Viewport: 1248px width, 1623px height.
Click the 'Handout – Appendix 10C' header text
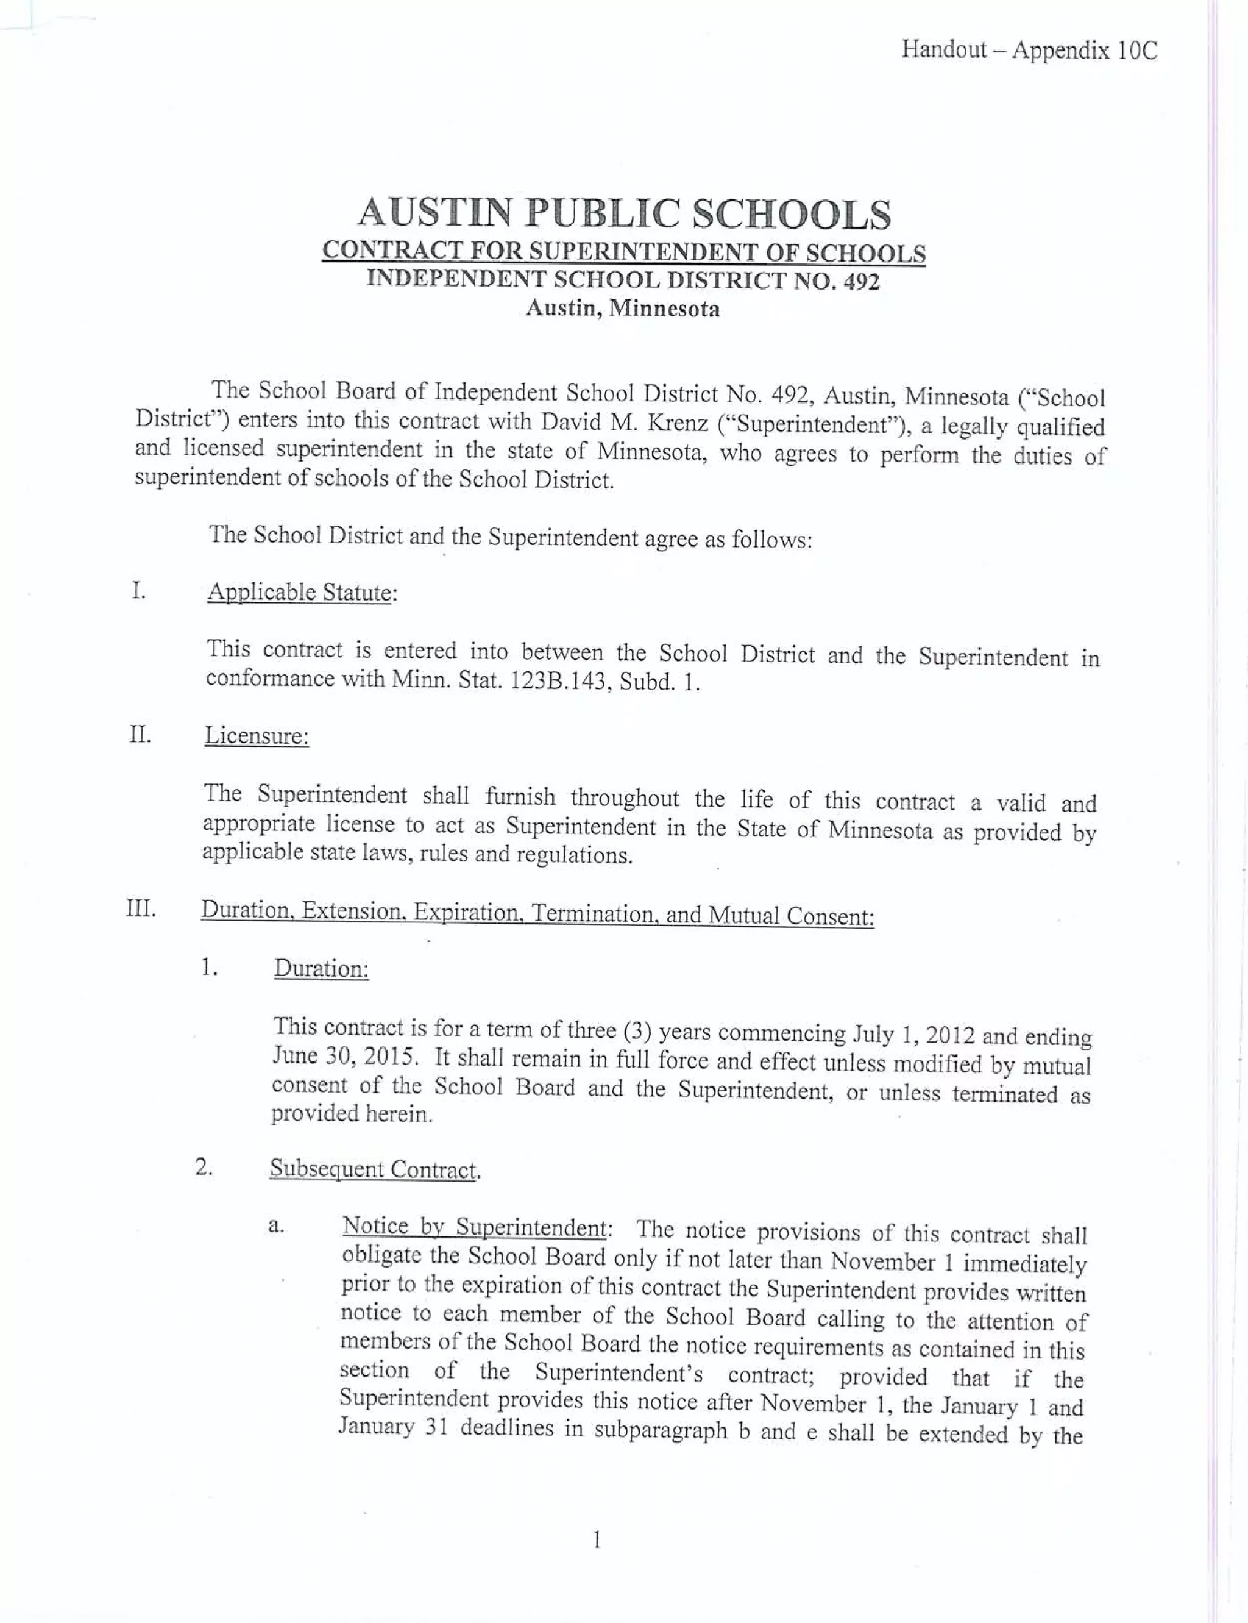[1029, 50]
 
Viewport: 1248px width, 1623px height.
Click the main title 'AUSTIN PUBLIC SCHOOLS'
[623, 213]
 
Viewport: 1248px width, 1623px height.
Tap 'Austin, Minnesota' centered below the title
[623, 308]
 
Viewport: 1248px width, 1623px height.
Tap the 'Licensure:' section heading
[257, 736]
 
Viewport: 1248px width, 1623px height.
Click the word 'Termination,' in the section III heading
[592, 913]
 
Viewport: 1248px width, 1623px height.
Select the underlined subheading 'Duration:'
[321, 968]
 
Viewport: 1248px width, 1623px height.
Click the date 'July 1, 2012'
[913, 1035]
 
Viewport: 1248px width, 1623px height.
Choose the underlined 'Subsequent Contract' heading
[372, 1169]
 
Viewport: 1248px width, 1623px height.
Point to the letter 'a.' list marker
[275, 1225]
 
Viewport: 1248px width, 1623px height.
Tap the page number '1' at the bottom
[596, 1539]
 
